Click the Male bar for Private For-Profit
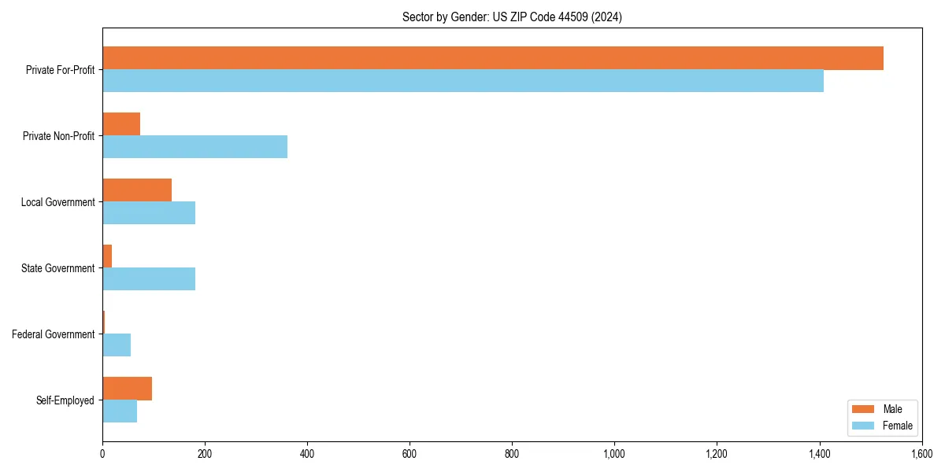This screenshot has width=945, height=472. pyautogui.click(x=492, y=58)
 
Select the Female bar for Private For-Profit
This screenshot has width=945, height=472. pyautogui.click(x=463, y=81)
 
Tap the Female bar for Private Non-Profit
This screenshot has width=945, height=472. pyautogui.click(x=195, y=147)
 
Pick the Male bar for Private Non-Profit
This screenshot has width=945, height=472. pyautogui.click(x=121, y=124)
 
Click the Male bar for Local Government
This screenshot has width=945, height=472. pyautogui.click(x=137, y=190)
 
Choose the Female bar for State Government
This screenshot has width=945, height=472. pyautogui.click(x=149, y=279)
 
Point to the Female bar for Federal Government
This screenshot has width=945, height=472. pyautogui.click(x=117, y=345)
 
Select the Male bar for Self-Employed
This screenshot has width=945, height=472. pyautogui.click(x=127, y=389)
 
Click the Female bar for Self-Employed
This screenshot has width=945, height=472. pyautogui.click(x=120, y=411)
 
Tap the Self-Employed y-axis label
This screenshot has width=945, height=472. pyautogui.click(x=65, y=400)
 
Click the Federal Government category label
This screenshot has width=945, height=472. pyautogui.click(x=53, y=334)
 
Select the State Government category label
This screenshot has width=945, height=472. pyautogui.click(x=57, y=268)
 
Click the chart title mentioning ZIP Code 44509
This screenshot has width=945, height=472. pyautogui.click(x=512, y=17)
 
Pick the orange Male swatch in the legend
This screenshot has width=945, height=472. pyautogui.click(x=863, y=409)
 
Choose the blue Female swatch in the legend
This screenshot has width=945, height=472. pyautogui.click(x=863, y=426)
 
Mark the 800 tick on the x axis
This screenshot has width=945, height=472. pyautogui.click(x=512, y=454)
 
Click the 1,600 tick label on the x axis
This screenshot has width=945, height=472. pyautogui.click(x=921, y=454)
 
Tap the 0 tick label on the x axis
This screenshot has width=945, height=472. pyautogui.click(x=102, y=454)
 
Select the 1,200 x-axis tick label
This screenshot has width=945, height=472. pyautogui.click(x=717, y=454)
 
